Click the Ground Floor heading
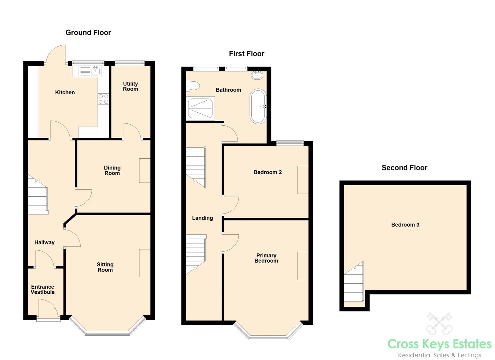point(88,33)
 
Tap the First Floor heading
point(246,54)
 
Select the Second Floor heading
point(404,168)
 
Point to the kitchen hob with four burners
point(103,99)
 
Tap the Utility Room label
point(130,86)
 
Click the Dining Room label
point(112,170)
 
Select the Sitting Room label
point(105,267)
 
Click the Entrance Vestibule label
point(43,289)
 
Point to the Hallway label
point(44,242)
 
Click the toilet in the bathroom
point(192,86)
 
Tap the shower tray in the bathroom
point(201,108)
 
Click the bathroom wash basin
point(257,75)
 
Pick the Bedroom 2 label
point(267,172)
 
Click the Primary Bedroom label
point(266,258)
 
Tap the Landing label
point(202,218)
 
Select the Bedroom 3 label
point(405,225)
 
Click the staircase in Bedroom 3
point(354,283)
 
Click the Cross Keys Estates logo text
point(439,344)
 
